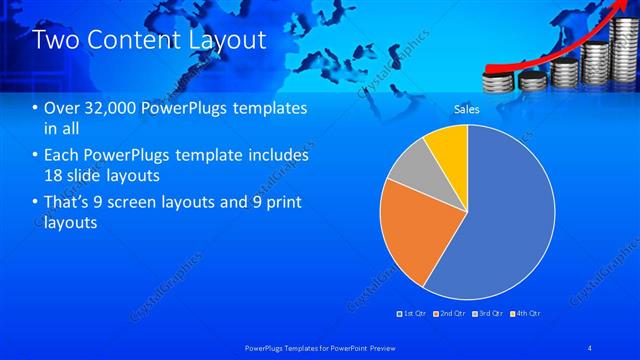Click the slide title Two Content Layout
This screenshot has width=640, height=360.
point(150,41)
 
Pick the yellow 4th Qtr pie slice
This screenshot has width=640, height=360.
point(448,144)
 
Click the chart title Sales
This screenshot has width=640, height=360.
point(467,108)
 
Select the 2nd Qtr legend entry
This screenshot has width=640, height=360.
point(452,313)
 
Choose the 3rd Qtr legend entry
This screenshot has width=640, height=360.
point(489,313)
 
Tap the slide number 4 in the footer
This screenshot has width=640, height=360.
point(591,346)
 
